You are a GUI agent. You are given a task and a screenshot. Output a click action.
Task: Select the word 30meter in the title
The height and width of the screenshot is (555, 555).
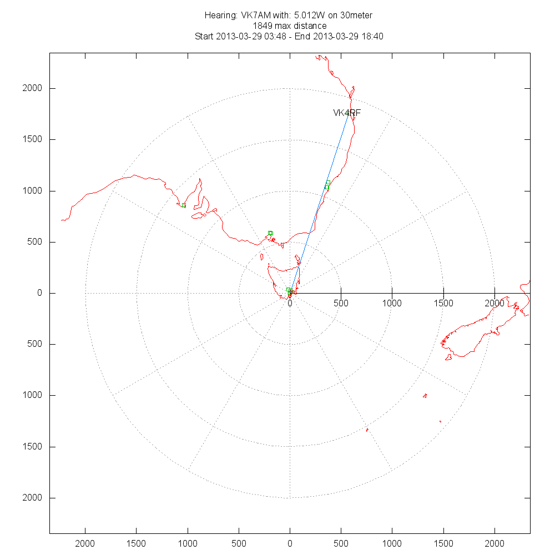(357, 15)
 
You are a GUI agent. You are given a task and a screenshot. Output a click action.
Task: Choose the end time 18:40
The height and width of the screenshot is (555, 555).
(372, 37)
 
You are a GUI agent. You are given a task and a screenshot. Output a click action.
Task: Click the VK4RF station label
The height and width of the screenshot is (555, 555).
(347, 113)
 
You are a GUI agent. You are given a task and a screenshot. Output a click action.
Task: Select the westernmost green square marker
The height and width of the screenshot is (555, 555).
(184, 205)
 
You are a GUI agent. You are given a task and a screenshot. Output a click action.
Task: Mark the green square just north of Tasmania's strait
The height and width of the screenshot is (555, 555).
(270, 233)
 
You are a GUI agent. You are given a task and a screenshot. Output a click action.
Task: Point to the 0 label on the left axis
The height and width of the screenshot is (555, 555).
(39, 293)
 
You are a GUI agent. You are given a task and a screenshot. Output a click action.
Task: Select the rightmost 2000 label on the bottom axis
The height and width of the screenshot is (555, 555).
(495, 542)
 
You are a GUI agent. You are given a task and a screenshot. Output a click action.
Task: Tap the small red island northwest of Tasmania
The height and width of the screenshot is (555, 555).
(262, 256)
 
